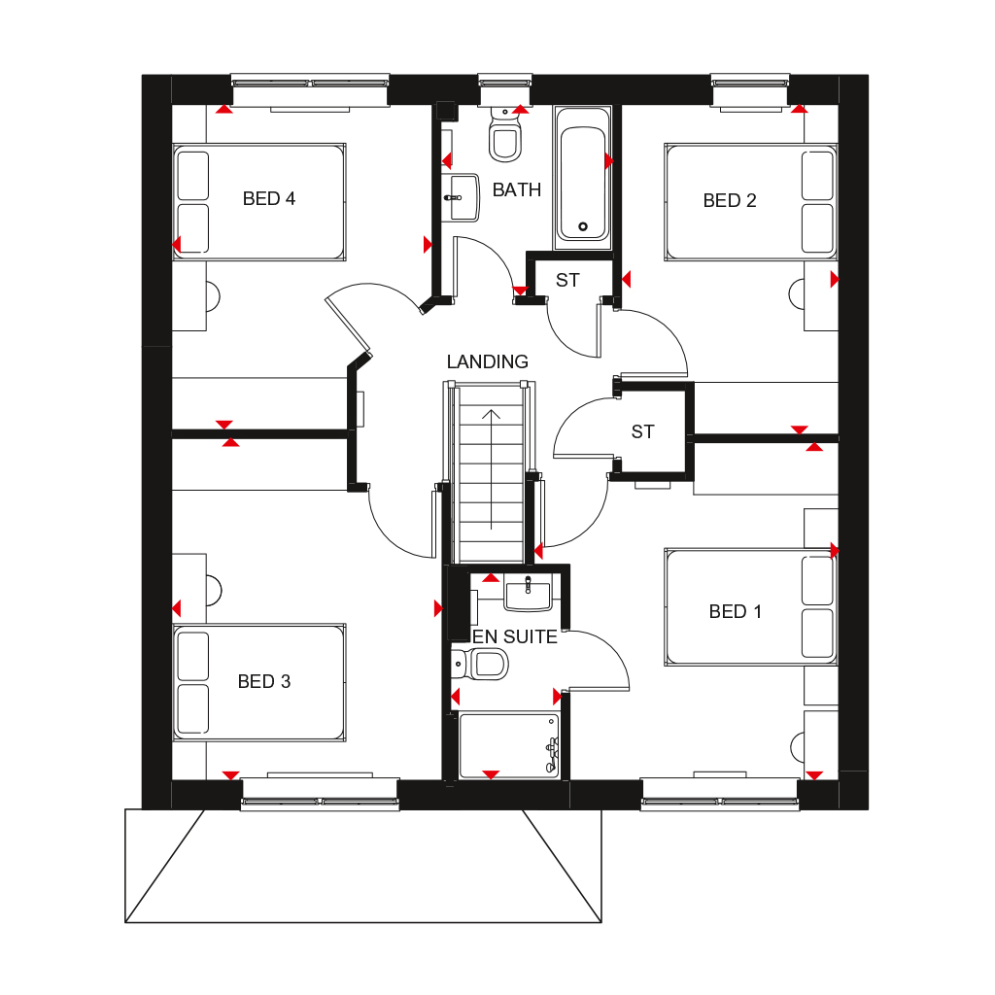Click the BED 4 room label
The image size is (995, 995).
[269, 199]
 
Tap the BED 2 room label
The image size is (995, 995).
[730, 201]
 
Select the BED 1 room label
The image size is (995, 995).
[736, 611]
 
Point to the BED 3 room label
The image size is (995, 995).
[264, 681]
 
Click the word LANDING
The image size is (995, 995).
[488, 361]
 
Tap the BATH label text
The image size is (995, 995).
[517, 189]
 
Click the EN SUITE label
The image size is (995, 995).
[515, 637]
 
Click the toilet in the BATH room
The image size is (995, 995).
[504, 137]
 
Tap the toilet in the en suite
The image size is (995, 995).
[483, 664]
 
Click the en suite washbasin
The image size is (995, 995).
[528, 591]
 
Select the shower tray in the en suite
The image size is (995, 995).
[508, 745]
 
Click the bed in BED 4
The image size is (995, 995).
[259, 202]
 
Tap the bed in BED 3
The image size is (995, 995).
[259, 683]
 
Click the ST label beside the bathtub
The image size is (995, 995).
[567, 280]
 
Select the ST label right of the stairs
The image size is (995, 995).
[642, 431]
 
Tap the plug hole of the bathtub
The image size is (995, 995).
[583, 226]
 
